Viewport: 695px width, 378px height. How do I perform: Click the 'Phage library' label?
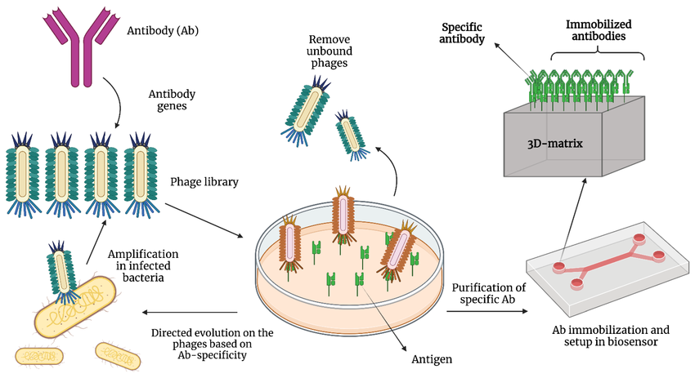coord(204,181)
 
